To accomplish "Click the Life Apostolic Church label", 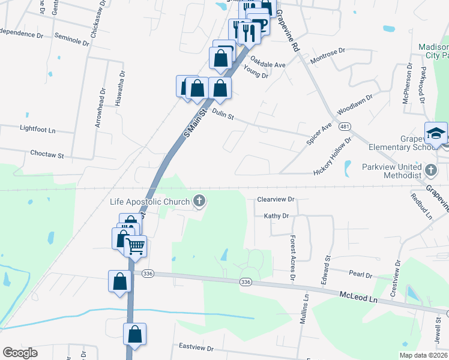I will point(149,202).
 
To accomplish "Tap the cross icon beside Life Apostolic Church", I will point(199,202).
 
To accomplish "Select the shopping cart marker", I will point(136,245).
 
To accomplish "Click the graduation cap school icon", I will point(436,133).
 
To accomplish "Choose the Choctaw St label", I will point(47,155).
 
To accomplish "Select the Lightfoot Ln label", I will point(37,129).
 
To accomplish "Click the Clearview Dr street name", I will point(276,199).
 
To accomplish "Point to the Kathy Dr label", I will point(276,215).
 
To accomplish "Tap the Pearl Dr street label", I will point(361,274).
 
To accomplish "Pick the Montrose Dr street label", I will point(327,56).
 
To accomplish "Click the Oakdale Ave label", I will point(268,63).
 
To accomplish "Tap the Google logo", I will point(20,353).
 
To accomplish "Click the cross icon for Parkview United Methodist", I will point(430,170).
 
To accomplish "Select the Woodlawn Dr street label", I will point(355,104).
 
